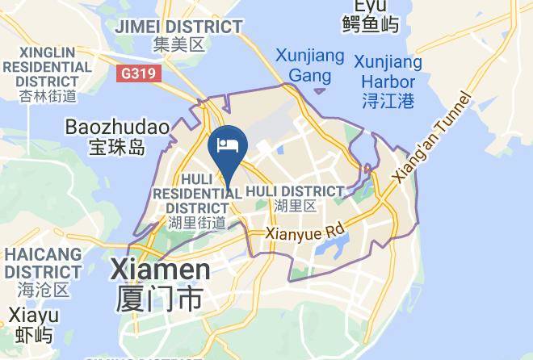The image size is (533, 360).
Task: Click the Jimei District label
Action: click(x=178, y=27)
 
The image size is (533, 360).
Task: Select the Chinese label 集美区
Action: click(x=179, y=44)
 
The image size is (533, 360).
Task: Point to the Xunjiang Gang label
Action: click(x=310, y=66)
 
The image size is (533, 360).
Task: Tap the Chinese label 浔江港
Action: click(x=388, y=101)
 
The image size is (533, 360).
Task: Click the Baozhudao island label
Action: click(x=116, y=128)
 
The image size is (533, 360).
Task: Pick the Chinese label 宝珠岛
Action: click(x=116, y=148)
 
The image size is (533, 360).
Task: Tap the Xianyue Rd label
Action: click(x=305, y=232)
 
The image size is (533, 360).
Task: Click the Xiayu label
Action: click(x=34, y=316)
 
